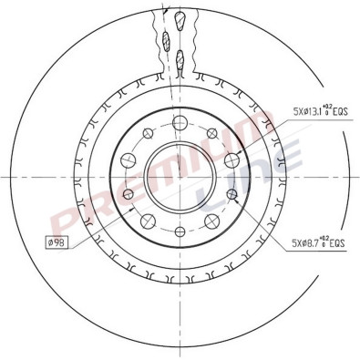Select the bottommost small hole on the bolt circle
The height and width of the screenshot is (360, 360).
click(180, 229)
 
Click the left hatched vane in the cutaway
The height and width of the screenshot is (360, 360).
click(167, 40)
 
